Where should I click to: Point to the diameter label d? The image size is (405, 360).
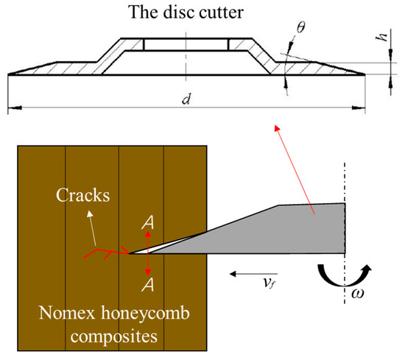tap(186, 101)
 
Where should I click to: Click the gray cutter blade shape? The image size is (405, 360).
tap(295, 228)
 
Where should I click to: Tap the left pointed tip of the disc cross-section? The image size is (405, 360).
tap(10, 74)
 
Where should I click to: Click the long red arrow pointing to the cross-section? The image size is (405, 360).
tap(295, 170)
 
